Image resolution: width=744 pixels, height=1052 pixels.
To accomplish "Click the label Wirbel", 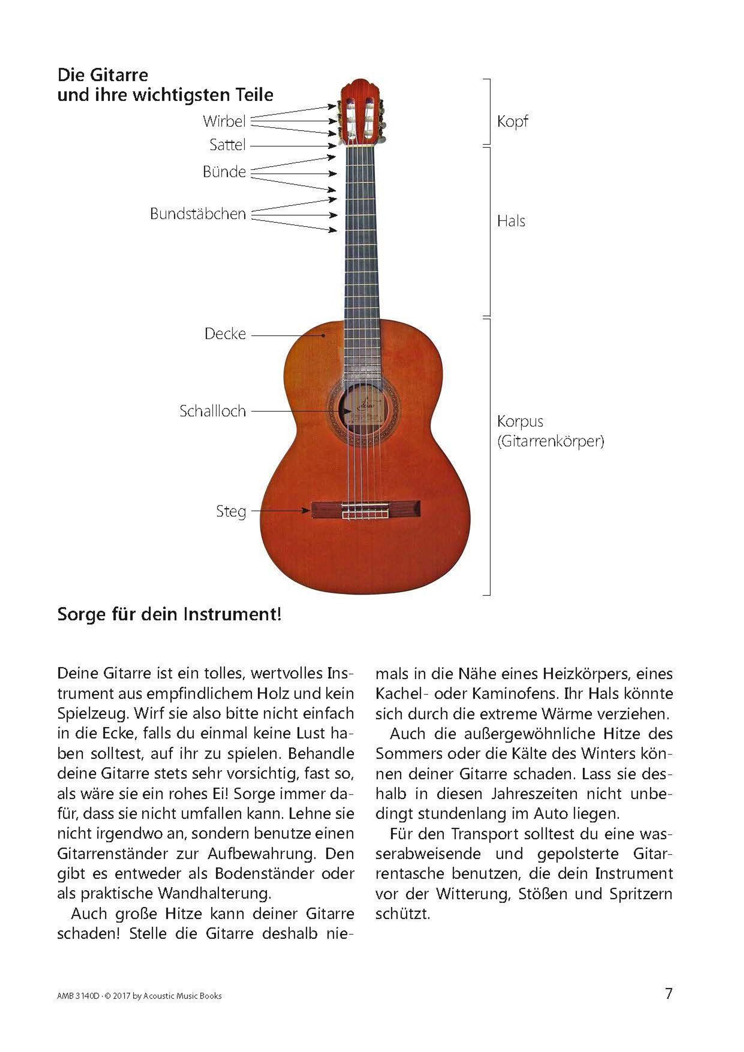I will (x=224, y=122).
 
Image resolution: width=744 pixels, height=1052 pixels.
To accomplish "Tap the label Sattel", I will (x=227, y=145).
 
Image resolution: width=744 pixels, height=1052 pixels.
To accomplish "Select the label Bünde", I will (x=224, y=172).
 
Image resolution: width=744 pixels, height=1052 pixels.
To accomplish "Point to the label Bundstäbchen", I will (x=198, y=214).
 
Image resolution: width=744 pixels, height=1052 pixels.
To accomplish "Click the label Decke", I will (x=225, y=334).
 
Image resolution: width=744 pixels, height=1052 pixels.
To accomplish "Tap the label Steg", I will (x=231, y=511).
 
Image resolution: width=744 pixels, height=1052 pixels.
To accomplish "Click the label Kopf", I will (x=512, y=122).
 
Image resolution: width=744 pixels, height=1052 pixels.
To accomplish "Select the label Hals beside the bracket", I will (x=511, y=221).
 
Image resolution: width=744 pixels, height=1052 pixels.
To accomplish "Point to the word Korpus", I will (x=520, y=421).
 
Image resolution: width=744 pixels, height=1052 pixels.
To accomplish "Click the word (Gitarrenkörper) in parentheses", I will (x=550, y=441).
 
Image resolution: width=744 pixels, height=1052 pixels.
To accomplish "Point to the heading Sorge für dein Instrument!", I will (x=169, y=614).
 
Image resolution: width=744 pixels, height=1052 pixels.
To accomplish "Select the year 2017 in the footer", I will (x=122, y=996).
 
